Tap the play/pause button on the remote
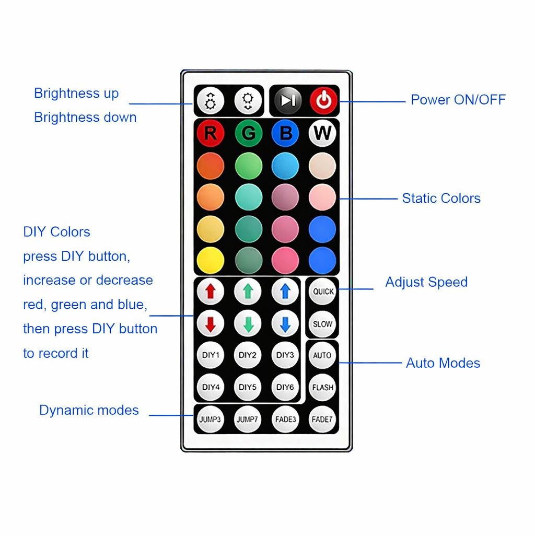pyautogui.click(x=288, y=100)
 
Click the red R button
pyautogui.click(x=211, y=133)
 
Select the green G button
pyautogui.click(x=248, y=133)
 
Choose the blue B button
pyautogui.click(x=285, y=133)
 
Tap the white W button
pyautogui.click(x=322, y=133)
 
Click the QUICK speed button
pyautogui.click(x=323, y=292)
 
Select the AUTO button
pyautogui.click(x=322, y=355)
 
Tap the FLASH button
pyautogui.click(x=322, y=387)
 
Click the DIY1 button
pyautogui.click(x=211, y=355)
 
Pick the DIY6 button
pyautogui.click(x=285, y=387)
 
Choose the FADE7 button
pyautogui.click(x=322, y=420)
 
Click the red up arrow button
pyautogui.click(x=210, y=292)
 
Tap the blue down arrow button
pyautogui.click(x=285, y=323)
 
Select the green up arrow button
pyautogui.click(x=248, y=292)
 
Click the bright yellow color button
pyautogui.click(x=211, y=260)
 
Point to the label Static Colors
pyautogui.click(x=441, y=198)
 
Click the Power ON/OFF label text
pyautogui.click(x=458, y=100)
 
